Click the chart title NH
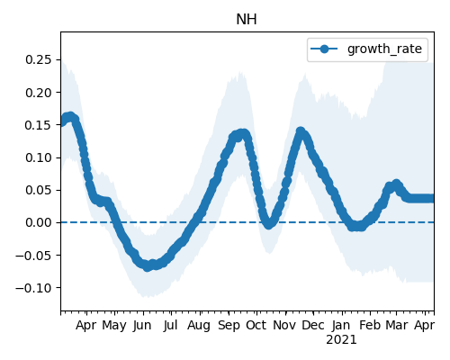(247, 20)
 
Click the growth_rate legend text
(384, 49)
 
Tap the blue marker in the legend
(324, 49)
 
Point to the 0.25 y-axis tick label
(39, 59)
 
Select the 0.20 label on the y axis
(39, 93)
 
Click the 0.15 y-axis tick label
(39, 125)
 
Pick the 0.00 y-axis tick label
(39, 222)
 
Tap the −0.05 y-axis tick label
(33, 256)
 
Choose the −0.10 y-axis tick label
(33, 288)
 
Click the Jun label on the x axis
(142, 325)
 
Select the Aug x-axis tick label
(199, 326)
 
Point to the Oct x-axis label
(256, 325)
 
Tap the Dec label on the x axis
(313, 325)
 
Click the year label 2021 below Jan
(341, 340)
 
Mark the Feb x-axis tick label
(370, 325)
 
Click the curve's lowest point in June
(147, 266)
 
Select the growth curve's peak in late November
(301, 131)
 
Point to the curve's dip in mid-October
(269, 224)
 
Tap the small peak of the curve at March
(396, 184)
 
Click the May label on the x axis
(114, 326)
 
